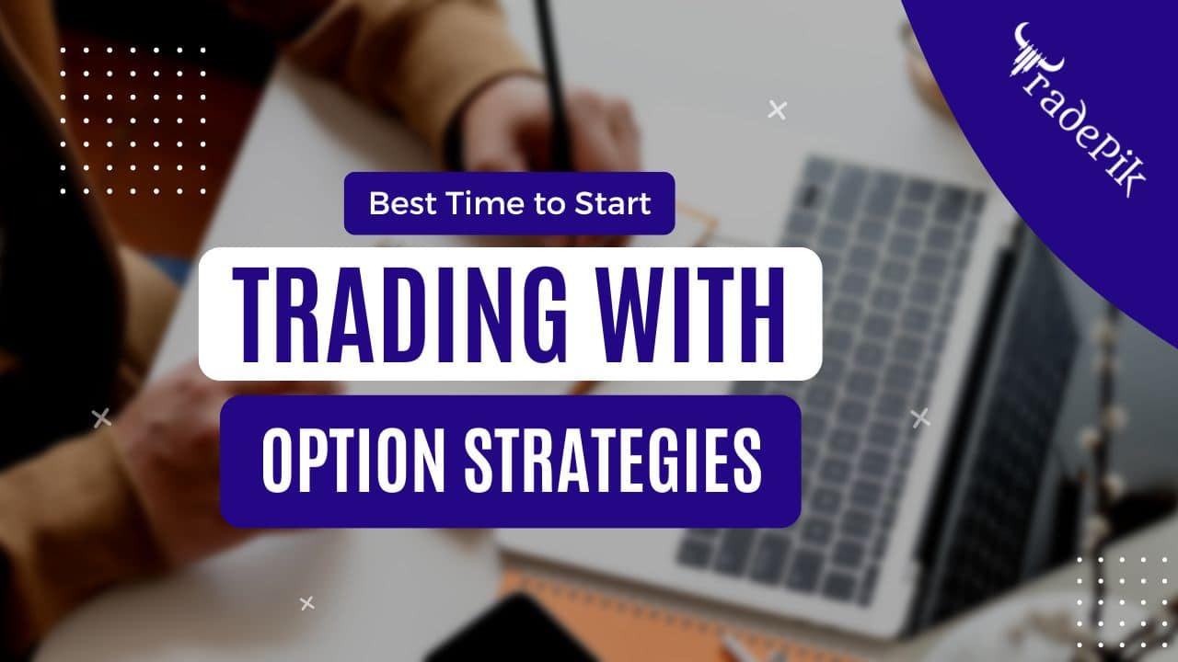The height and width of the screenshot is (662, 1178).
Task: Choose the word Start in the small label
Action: click(x=613, y=203)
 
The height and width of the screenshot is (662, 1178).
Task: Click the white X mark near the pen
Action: click(x=778, y=110)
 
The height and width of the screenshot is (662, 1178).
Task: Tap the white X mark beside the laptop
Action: click(x=920, y=418)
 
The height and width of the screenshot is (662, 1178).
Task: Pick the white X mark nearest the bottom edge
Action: click(x=307, y=603)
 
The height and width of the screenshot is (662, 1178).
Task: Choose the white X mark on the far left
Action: click(x=101, y=419)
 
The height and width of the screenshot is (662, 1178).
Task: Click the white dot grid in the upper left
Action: click(x=133, y=120)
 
